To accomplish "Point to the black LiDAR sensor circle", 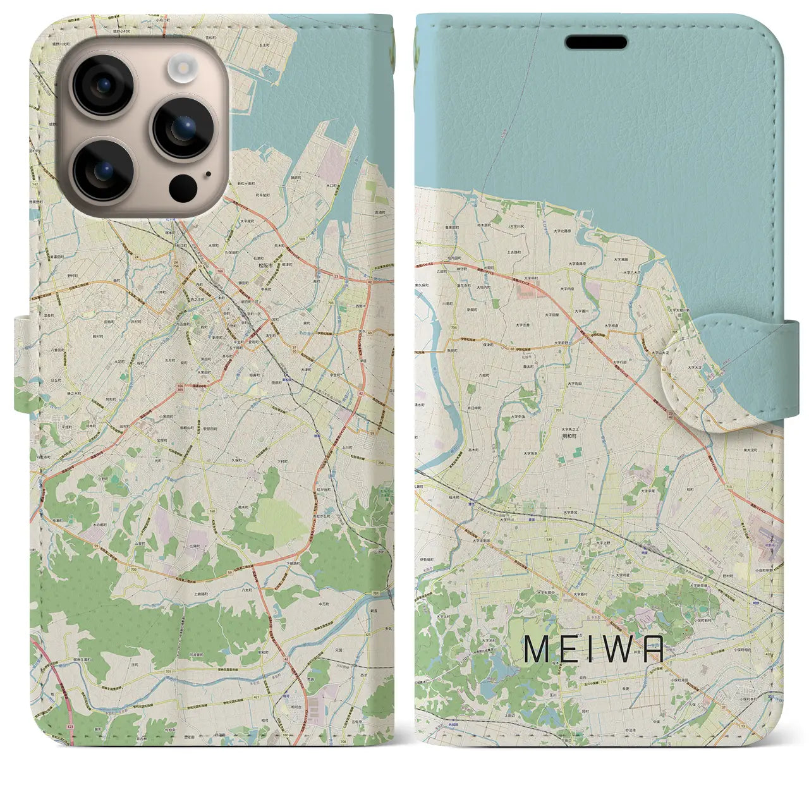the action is tap(183, 187).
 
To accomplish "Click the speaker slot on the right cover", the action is tap(596, 42).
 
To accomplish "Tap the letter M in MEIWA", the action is tap(536, 649).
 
